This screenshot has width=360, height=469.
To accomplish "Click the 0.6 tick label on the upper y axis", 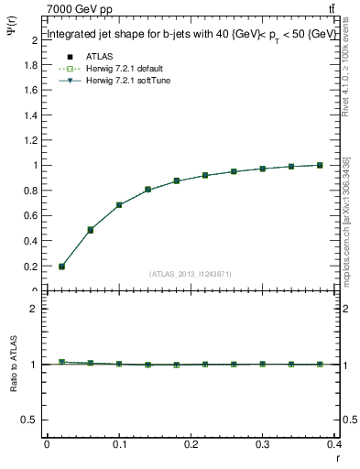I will (x=30, y=216).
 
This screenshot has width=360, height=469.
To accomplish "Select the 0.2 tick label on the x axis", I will (x=191, y=444).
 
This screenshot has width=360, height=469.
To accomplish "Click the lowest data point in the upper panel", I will (x=61, y=267).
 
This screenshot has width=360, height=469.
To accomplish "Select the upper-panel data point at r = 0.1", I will (x=119, y=205).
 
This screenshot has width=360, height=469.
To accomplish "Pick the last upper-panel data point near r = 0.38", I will (x=319, y=165).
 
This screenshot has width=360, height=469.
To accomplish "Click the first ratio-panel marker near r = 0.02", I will (x=61, y=363).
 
